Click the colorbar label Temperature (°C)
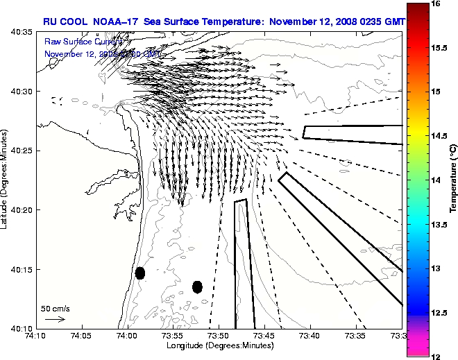pyautogui.click(x=452, y=180)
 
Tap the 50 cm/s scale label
pyautogui.click(x=56, y=308)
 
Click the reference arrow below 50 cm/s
pyautogui.click(x=55, y=319)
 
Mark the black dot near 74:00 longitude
pyautogui.click(x=140, y=273)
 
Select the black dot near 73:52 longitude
pyautogui.click(x=197, y=286)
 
